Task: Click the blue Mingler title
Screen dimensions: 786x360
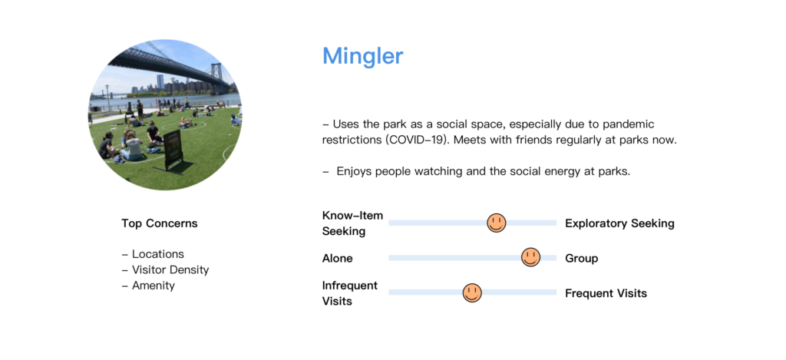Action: coord(362,57)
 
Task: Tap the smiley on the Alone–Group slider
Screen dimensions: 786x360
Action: coord(530,258)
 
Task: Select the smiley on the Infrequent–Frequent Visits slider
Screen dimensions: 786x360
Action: coord(472,292)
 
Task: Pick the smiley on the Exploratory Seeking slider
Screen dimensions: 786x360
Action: coord(497,223)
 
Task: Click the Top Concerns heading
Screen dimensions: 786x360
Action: coord(160,223)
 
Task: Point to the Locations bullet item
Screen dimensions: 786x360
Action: coord(153,254)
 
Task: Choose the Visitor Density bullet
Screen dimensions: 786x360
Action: coord(166,269)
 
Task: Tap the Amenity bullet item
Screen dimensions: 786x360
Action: coord(148,286)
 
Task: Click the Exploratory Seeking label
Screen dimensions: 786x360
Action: coord(619,223)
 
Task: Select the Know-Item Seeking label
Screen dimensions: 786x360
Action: coord(352,223)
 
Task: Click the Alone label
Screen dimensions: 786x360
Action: coord(338,258)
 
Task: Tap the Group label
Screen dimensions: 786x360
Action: coord(582,258)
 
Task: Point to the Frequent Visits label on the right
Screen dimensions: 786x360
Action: coord(606,292)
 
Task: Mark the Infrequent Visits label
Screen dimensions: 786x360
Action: coord(350,292)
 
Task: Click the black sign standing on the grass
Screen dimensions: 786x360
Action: coord(173,150)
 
